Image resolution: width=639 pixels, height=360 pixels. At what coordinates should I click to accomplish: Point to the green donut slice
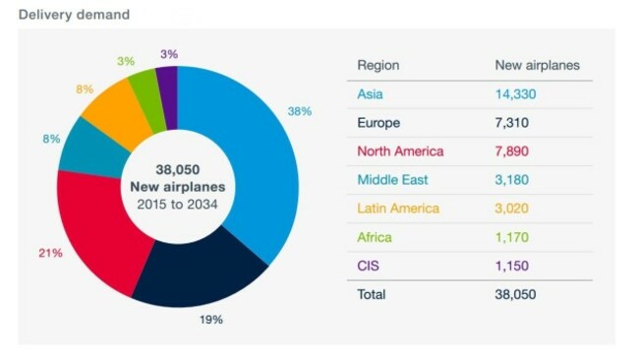pos(144,89)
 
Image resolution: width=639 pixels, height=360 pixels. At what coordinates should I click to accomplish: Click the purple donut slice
pos(166,83)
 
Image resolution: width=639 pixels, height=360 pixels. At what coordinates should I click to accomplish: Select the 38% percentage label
pos(299,111)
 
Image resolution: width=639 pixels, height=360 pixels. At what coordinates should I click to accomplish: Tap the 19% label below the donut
pos(210,320)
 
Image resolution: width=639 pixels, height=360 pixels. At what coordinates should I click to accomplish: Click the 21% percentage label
pos(50,253)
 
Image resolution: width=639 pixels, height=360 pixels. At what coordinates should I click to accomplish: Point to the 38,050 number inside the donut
pos(178,169)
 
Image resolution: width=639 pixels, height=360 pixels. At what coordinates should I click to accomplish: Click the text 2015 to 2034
pos(178,204)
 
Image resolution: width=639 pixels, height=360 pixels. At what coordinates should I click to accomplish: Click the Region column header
pos(378,66)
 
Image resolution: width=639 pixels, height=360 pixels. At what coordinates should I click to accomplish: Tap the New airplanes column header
pos(537,66)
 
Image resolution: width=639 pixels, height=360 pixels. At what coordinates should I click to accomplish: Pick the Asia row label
pos(370,94)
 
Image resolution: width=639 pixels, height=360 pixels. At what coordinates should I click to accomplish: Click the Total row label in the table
pos(372,294)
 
